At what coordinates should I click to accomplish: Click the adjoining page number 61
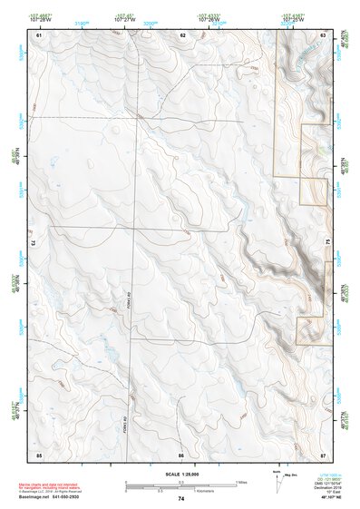[x=40, y=34]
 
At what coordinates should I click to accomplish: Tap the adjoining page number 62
[x=182, y=34]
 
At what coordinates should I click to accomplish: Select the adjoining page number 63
[x=324, y=34]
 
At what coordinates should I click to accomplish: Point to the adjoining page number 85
[x=39, y=454]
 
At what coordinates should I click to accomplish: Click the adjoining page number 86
[x=181, y=454]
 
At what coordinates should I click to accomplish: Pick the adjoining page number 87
[x=324, y=454]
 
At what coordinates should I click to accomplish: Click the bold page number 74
[x=181, y=499]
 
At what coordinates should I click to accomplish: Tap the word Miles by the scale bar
[x=240, y=481]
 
